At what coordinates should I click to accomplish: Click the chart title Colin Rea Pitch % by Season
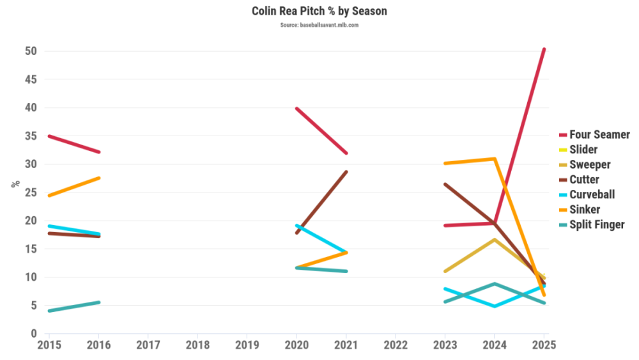click(319, 12)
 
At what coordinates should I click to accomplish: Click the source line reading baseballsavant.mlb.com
click(319, 25)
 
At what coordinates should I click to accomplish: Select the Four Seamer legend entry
click(599, 135)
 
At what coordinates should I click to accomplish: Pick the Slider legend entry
click(583, 150)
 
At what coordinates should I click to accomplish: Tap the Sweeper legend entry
click(590, 165)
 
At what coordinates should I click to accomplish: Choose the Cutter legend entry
click(584, 180)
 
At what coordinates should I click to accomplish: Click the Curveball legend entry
click(592, 194)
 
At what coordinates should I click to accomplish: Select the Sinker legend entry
click(584, 210)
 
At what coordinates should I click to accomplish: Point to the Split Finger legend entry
click(597, 224)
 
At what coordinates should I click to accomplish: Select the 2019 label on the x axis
click(247, 345)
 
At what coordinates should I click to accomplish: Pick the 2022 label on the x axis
click(396, 345)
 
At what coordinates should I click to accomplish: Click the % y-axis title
click(14, 184)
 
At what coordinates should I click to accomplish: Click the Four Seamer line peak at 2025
click(544, 49)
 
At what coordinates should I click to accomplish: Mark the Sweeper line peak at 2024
click(494, 240)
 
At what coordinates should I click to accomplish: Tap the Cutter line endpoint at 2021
click(346, 172)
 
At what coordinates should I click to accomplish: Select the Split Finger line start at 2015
click(49, 311)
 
